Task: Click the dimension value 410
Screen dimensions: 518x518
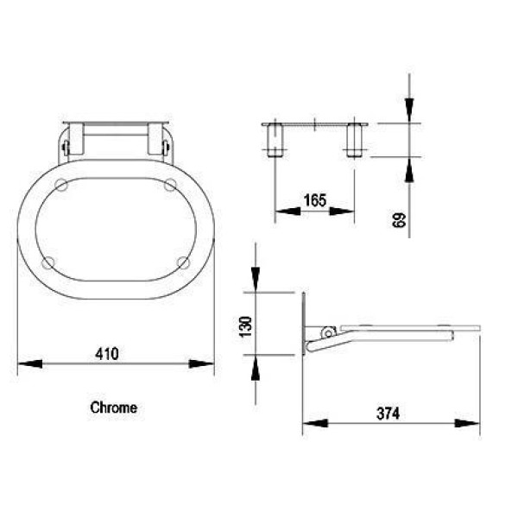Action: (107, 353)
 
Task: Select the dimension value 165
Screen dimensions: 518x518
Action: (314, 200)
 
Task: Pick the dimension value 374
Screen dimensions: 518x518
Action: (388, 414)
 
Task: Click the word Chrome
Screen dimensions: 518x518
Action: (113, 407)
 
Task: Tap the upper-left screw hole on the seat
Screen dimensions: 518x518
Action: (62, 184)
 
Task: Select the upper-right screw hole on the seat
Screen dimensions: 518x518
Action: (170, 184)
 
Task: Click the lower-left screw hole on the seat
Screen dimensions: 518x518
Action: (49, 262)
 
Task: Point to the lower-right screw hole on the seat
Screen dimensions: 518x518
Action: (182, 262)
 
